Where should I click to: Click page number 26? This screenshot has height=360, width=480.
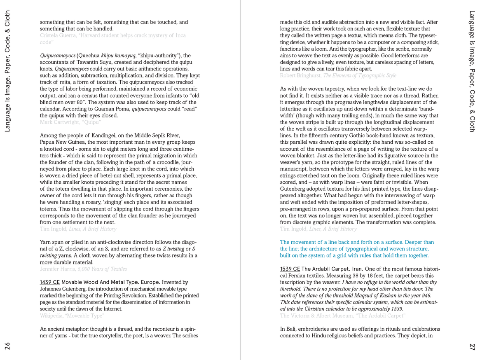7,346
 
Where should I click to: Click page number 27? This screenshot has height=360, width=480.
472,346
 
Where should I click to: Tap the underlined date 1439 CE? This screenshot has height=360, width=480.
49,282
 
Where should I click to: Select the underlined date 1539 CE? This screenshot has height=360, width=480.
290,269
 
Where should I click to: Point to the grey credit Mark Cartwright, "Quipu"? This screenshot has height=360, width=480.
70,122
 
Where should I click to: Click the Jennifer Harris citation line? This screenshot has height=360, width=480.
83,269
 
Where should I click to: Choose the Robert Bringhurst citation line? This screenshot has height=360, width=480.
338,75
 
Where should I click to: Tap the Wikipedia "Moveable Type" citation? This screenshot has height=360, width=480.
72,316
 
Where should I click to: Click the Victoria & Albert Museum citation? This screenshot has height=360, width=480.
342,316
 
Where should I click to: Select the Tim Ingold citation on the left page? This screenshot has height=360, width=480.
78,229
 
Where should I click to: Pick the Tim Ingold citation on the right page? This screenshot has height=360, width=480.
318,229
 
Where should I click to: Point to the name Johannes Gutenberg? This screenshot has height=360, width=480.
61,289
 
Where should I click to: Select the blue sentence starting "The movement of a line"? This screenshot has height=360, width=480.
356,249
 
